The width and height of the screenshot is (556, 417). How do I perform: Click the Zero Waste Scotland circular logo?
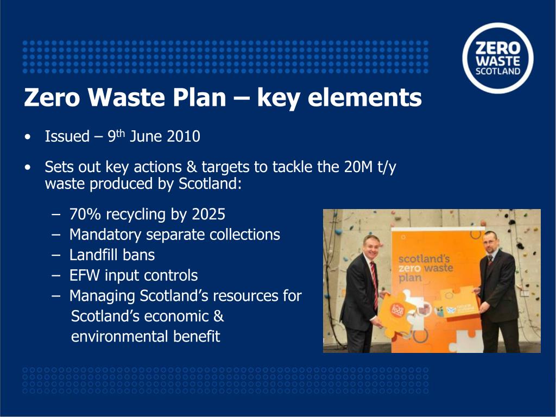coord(498,58)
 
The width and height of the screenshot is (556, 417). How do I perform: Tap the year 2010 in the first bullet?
coord(184,136)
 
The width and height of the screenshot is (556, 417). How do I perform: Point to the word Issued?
coord(67,136)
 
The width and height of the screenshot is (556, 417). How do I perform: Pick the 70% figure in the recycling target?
coord(85,214)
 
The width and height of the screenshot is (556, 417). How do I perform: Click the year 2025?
coord(208,214)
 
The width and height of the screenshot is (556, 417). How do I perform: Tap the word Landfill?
coord(91,255)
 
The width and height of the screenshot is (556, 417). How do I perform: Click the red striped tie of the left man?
coord(374,282)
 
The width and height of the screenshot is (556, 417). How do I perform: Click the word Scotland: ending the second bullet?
coord(210,184)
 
